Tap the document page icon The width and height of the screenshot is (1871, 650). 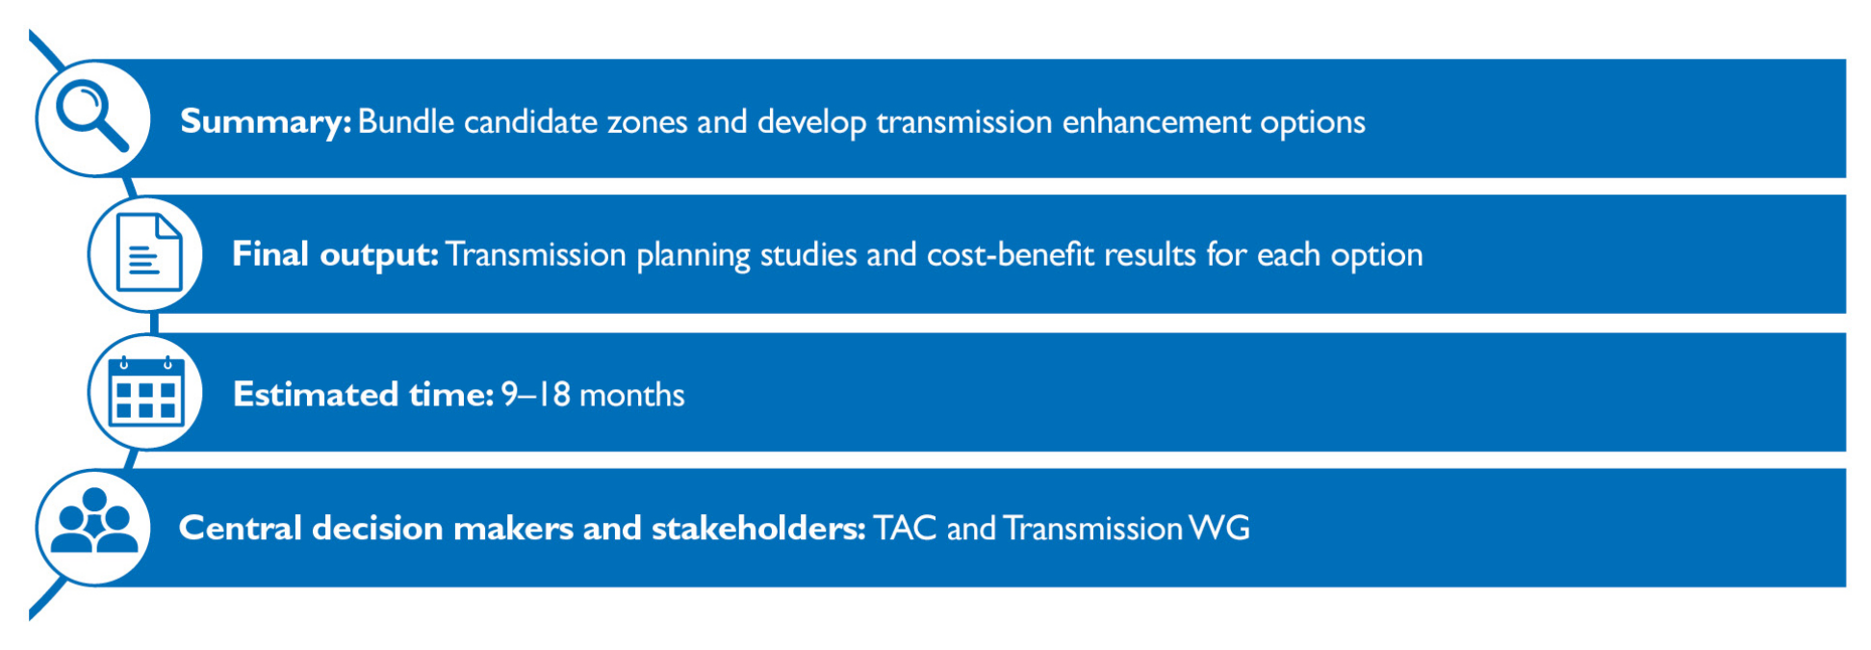[148, 252]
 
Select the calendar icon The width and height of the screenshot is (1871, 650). [146, 391]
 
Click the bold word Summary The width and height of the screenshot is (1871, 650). [266, 122]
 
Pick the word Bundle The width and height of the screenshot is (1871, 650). [406, 121]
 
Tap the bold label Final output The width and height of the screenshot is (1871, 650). [335, 254]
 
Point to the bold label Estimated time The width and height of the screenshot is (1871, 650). [363, 395]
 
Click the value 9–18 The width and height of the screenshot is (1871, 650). [535, 395]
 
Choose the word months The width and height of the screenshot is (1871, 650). [632, 395]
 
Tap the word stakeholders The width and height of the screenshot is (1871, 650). [758, 528]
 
